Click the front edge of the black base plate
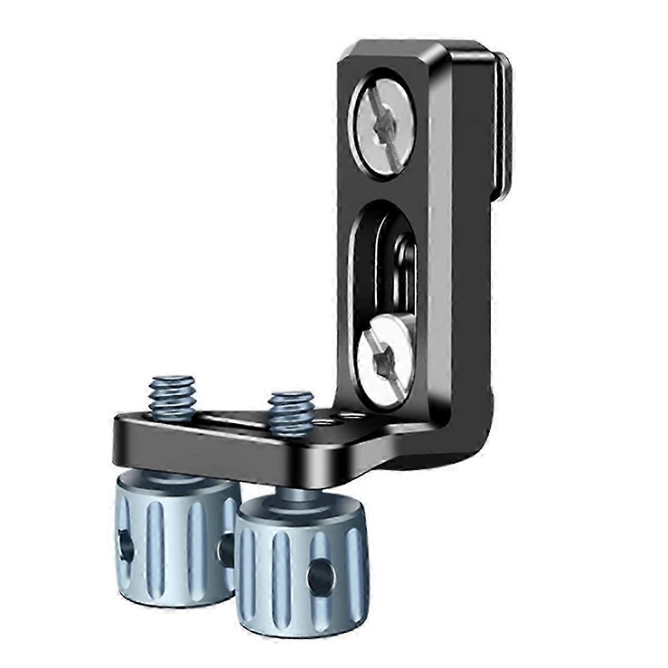click(x=223, y=456)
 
